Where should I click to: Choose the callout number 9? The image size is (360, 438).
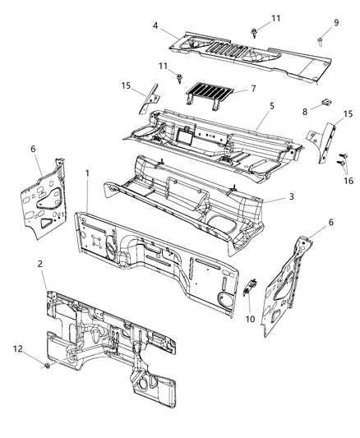click(x=335, y=22)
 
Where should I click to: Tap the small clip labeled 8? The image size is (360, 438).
click(x=326, y=102)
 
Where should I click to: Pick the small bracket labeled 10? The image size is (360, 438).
click(x=253, y=287)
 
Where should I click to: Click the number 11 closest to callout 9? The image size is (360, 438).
click(x=276, y=18)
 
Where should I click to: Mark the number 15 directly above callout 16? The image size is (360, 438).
click(x=348, y=113)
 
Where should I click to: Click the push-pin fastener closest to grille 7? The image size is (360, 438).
click(x=180, y=78)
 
